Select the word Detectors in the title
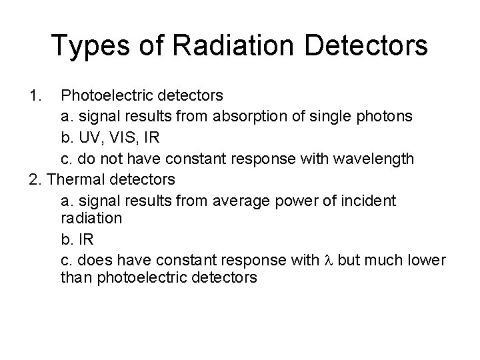pyautogui.click(x=365, y=45)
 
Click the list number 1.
pyautogui.click(x=36, y=95)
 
